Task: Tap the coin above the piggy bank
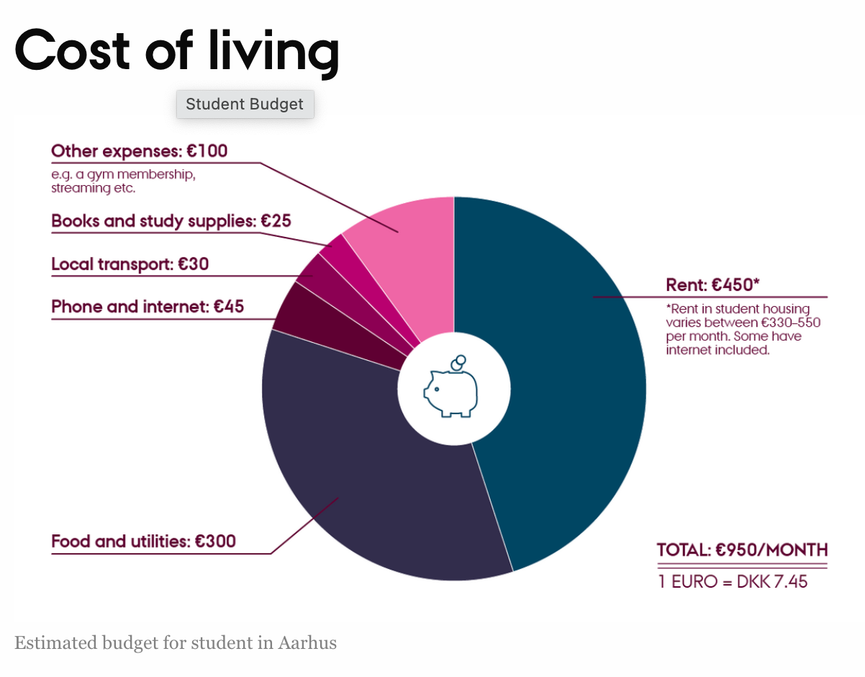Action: (x=458, y=362)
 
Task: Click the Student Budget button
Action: (x=245, y=104)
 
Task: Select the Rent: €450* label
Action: (x=712, y=284)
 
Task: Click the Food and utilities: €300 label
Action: (x=144, y=541)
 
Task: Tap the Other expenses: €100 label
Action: (x=140, y=151)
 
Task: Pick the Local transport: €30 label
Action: (x=130, y=264)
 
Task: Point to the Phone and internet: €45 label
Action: (x=148, y=307)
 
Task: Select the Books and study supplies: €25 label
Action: (x=171, y=221)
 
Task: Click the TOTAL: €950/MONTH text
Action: (x=743, y=550)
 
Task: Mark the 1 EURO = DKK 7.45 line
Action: (x=733, y=582)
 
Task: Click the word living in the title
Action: (x=274, y=53)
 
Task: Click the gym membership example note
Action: (x=123, y=181)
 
